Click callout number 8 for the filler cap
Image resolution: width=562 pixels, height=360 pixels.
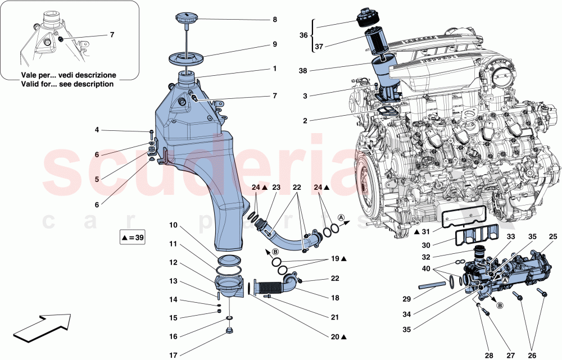pyautogui.click(x=275, y=19)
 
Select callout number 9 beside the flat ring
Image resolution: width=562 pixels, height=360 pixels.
pyautogui.click(x=275, y=44)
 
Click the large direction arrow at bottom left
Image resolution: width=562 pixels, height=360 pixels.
pyautogui.click(x=42, y=329)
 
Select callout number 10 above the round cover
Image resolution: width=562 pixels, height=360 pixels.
pyautogui.click(x=174, y=225)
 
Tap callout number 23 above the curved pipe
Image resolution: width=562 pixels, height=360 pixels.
pyautogui.click(x=276, y=187)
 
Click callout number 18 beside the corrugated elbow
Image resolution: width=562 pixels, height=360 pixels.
pyautogui.click(x=335, y=298)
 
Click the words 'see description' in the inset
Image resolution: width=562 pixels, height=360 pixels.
pyautogui.click(x=85, y=84)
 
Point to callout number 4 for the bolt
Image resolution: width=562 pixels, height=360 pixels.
pyautogui.click(x=97, y=130)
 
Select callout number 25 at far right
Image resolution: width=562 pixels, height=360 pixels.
pyautogui.click(x=553, y=236)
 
